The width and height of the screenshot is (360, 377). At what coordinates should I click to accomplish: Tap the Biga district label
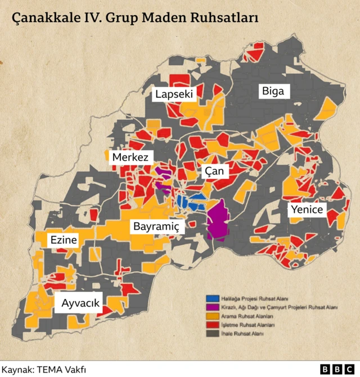point(274,91)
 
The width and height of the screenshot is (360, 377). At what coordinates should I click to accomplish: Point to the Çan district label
point(214,171)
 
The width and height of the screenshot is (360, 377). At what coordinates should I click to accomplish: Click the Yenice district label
point(307,209)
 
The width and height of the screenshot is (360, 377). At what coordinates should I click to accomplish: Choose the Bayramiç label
point(156,227)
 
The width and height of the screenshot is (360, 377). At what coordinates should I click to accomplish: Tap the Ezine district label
point(63,240)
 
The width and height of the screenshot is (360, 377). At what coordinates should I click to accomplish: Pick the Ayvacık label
point(80,303)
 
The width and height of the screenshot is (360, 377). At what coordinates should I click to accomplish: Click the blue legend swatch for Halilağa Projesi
point(213,298)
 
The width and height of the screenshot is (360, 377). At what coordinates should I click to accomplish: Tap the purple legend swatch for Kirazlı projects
point(213,307)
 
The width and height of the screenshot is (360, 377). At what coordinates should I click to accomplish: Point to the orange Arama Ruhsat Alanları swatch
point(213,316)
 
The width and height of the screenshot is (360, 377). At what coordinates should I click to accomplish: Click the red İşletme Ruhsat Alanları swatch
point(213,325)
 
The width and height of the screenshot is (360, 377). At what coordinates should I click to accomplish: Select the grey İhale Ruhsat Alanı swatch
point(213,334)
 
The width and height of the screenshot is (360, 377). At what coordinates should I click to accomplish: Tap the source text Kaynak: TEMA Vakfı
point(43,369)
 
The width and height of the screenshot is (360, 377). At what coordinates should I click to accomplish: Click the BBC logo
point(336,369)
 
